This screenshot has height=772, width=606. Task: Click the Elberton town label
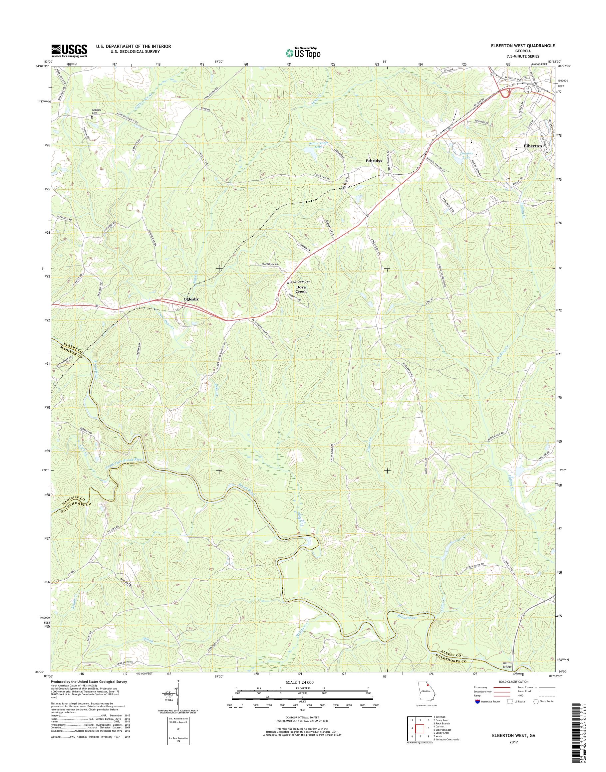[x=532, y=146]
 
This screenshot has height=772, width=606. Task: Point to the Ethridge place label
[x=374, y=161]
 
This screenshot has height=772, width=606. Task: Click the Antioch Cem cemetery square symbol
[x=92, y=117]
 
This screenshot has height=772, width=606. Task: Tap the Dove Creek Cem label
[x=302, y=283]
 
